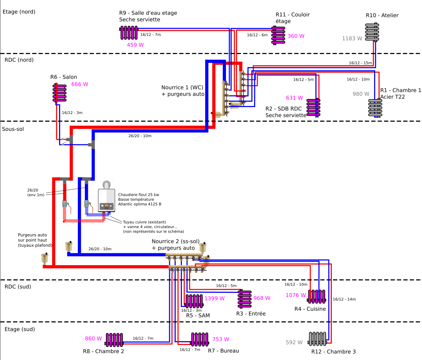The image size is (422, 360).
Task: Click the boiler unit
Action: click(107, 196)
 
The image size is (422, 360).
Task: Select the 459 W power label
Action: click(135, 45)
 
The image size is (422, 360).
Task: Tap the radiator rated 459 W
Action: click(129, 32)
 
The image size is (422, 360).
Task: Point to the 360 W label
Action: click(296, 36)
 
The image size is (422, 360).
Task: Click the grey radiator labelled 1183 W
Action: click(372, 32)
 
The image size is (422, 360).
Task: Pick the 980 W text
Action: click(361, 94)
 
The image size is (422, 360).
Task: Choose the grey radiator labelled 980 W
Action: click(375, 108)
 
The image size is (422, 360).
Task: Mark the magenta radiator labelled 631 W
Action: click(313, 107)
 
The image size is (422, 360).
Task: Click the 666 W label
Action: click(80, 84)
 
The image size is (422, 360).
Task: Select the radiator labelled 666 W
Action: click(59, 93)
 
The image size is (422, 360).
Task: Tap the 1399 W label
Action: click(214, 299)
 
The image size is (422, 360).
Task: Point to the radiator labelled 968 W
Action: click(244, 299)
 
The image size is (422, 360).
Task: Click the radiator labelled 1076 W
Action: click(317, 296)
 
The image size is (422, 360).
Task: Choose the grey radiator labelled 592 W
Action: click(318, 339)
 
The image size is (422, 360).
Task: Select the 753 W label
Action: click(221, 339)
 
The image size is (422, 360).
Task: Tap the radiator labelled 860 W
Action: click(114, 340)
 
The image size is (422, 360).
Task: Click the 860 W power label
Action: click(93, 339)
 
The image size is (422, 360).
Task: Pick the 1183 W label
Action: click(352, 38)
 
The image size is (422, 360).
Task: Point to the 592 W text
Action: click(294, 342)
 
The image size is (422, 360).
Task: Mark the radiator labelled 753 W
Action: click(199, 339)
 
